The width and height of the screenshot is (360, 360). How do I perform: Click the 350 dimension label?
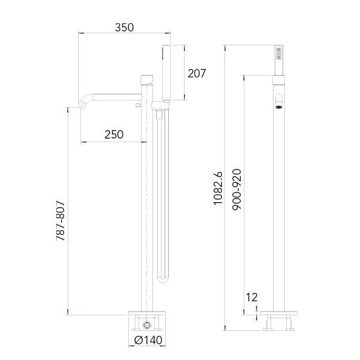coord(124,28)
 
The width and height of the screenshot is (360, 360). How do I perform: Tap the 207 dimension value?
coord(197,73)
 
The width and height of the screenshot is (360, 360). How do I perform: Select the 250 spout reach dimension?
coord(114,134)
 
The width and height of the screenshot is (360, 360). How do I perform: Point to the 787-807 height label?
coord(61,221)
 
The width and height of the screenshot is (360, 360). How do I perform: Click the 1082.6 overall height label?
coord(218,188)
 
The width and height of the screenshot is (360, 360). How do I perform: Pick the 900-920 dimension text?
coord(237,189)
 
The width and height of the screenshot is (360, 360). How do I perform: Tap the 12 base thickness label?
coord(252,297)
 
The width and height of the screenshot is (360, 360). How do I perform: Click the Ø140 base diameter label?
coord(148,340)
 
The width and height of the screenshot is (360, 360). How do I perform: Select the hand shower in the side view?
coord(166,73)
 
